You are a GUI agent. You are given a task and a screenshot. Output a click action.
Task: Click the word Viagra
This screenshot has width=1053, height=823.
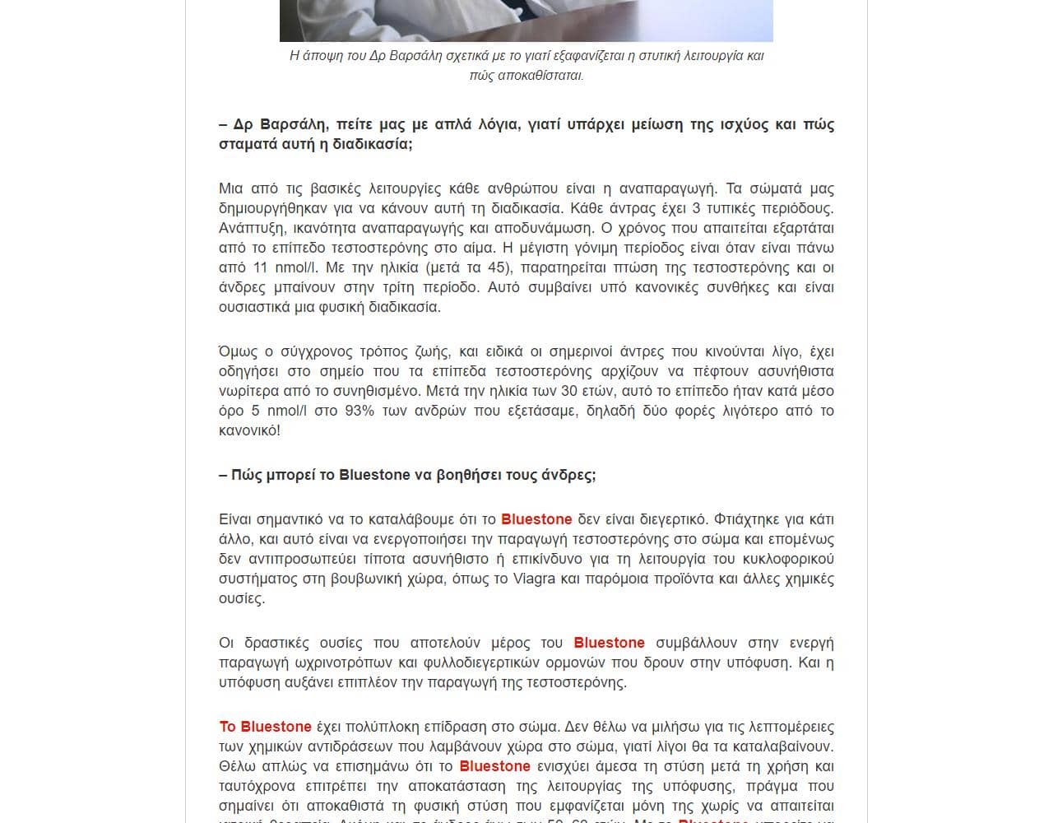(534, 579)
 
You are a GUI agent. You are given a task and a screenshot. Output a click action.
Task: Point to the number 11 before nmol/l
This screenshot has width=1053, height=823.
(260, 267)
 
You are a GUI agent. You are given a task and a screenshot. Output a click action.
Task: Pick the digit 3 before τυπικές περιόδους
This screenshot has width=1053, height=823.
(696, 208)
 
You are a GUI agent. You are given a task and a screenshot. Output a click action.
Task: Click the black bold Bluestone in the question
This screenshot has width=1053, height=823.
(374, 475)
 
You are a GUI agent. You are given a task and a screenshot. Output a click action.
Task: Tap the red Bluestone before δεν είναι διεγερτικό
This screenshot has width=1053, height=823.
(536, 519)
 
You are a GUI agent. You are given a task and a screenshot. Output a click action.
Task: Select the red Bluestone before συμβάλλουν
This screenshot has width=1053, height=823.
(609, 643)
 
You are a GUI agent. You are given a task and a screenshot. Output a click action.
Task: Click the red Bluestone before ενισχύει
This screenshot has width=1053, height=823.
(494, 766)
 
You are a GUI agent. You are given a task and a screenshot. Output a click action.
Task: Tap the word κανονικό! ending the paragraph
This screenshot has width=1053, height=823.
(249, 430)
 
